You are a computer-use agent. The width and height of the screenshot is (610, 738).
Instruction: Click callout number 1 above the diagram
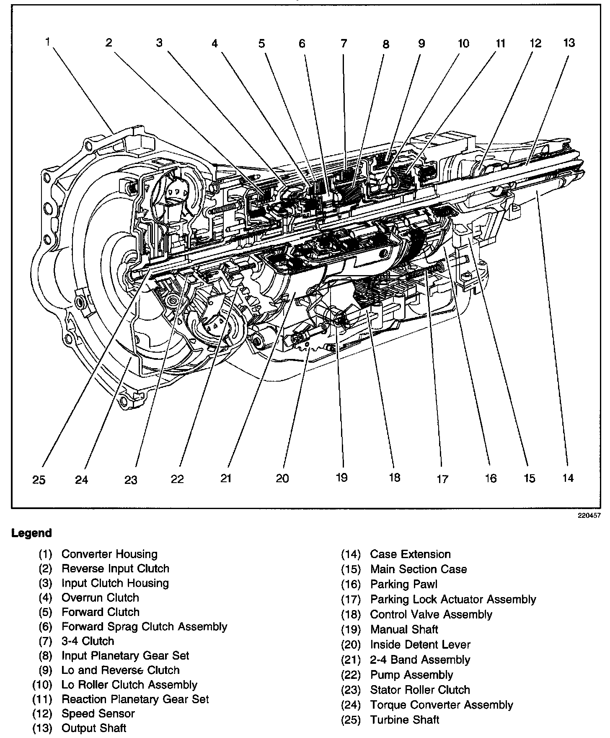49,42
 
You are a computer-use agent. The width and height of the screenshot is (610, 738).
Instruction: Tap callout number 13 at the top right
569,43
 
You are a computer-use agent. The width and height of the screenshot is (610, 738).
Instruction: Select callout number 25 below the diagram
39,480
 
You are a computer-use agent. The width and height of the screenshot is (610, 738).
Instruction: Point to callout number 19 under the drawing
341,478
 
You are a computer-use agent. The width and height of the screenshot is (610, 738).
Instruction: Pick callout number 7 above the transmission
344,43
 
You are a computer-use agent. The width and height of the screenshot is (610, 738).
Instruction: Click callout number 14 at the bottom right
568,478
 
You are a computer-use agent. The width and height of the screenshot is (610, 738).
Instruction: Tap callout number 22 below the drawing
177,479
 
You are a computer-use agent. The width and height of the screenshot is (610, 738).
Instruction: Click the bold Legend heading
32,533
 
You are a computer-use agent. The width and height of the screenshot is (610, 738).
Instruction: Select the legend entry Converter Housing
109,554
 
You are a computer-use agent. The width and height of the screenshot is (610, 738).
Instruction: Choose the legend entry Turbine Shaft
405,720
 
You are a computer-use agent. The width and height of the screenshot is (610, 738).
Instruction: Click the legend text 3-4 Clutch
88,641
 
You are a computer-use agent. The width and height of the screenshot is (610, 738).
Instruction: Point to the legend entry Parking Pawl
403,584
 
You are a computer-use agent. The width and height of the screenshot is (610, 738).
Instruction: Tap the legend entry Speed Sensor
98,714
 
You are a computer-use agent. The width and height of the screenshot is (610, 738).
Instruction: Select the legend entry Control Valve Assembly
431,614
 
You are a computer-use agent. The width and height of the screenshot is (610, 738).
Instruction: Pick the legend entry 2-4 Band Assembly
420,660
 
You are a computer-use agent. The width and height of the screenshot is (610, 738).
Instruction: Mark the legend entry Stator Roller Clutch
420,690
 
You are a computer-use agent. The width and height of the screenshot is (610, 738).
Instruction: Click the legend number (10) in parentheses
42,685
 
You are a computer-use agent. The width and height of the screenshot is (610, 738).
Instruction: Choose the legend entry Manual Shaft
404,629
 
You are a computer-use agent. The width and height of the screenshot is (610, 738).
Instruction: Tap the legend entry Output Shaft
94,728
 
